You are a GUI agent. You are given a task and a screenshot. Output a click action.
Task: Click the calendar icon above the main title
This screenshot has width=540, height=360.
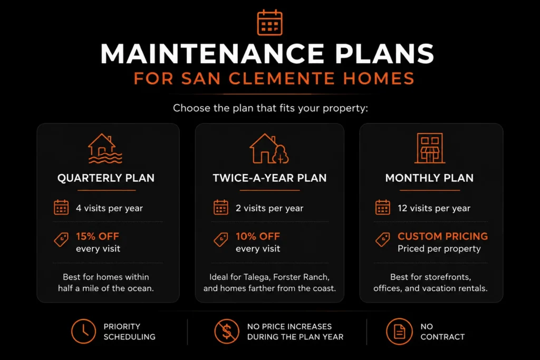click(x=269, y=23)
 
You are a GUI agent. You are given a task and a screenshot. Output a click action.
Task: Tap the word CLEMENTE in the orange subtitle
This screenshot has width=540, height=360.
click(x=282, y=79)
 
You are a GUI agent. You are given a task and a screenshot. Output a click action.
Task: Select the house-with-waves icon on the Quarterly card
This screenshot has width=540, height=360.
click(x=105, y=148)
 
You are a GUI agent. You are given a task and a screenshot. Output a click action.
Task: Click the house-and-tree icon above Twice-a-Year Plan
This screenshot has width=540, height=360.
click(x=269, y=148)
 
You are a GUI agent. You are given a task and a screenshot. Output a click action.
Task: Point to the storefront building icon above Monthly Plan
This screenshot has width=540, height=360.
click(x=429, y=148)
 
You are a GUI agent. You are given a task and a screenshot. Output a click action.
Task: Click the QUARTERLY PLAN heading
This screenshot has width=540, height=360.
click(x=105, y=178)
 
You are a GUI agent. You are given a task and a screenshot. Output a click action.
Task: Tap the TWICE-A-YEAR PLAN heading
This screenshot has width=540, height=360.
click(x=269, y=178)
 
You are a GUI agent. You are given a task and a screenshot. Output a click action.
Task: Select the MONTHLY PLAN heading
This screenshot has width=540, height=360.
click(x=429, y=178)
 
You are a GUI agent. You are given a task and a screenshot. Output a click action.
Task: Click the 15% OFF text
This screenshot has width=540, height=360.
click(x=98, y=237)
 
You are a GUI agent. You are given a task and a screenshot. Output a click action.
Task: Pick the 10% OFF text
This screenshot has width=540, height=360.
click(x=257, y=237)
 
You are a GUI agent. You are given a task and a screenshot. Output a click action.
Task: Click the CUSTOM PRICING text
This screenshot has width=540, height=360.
click(x=442, y=237)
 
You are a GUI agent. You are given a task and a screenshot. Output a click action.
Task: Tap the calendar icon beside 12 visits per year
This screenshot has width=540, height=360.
click(x=383, y=207)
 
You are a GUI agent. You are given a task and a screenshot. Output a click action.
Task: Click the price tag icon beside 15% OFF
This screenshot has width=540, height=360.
click(x=61, y=239)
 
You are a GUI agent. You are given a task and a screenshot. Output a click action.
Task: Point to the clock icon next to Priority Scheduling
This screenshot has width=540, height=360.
click(x=83, y=332)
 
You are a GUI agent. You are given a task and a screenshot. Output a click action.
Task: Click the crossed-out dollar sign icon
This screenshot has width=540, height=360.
click(x=227, y=332)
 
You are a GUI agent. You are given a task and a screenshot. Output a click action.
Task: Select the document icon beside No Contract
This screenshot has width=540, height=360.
click(x=399, y=332)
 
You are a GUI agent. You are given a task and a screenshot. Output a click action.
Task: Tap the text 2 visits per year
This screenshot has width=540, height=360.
click(x=269, y=208)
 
